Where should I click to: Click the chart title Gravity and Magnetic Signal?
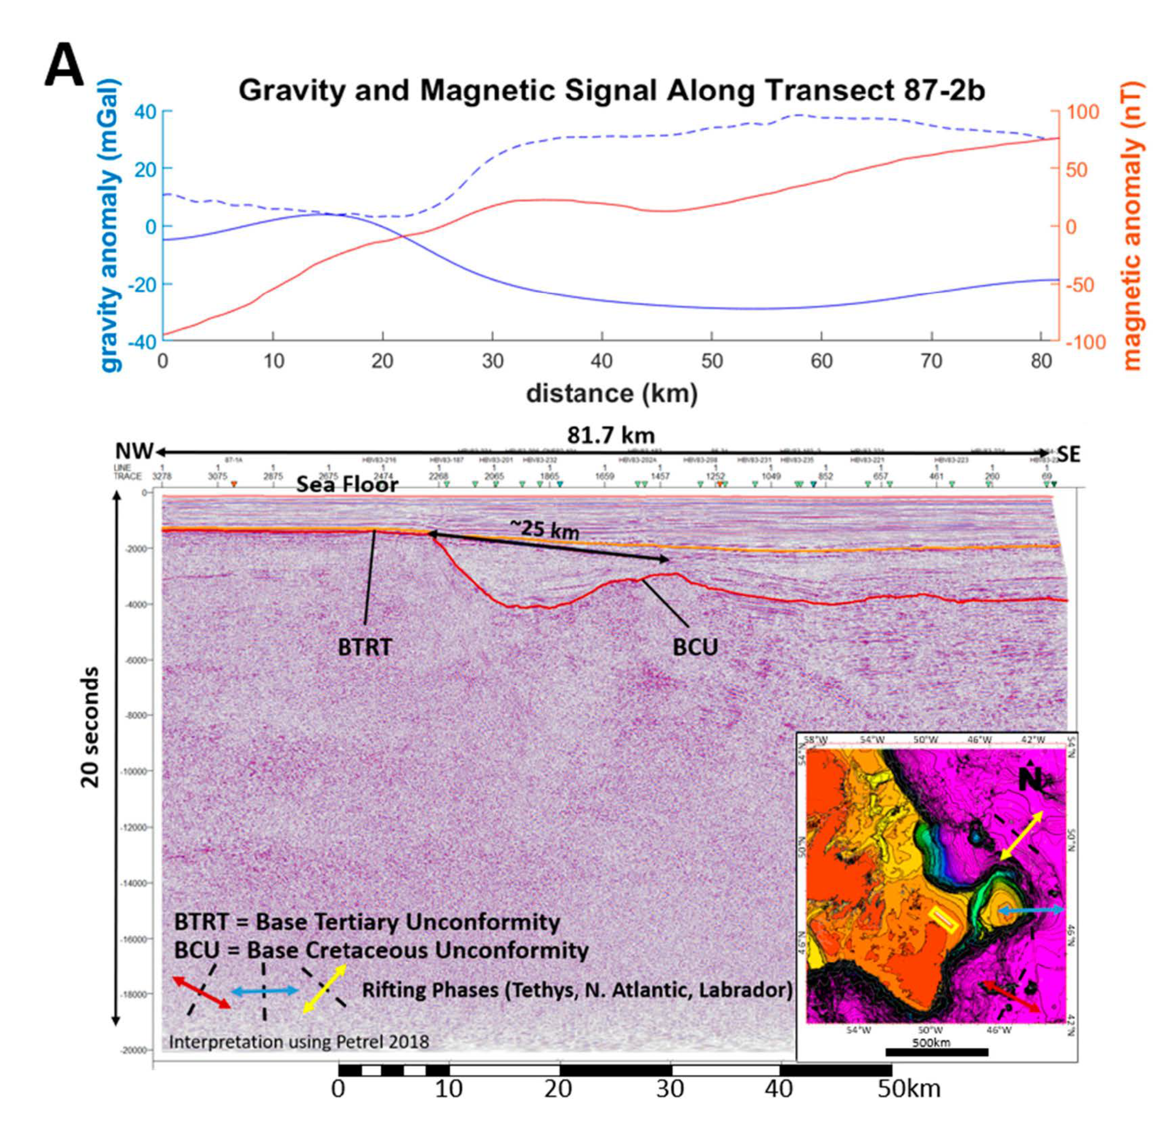point(611,90)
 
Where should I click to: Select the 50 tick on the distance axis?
point(711,361)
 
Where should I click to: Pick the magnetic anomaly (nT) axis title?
point(1132,226)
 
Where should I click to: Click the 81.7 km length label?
point(611,436)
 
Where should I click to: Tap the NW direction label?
point(133,452)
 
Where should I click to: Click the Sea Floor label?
point(347,485)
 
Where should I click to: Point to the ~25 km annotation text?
point(544,529)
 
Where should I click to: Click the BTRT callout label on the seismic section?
point(364,647)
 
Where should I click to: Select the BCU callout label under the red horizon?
point(695,647)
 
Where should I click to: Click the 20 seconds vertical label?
point(90,727)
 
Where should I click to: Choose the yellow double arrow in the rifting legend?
point(324,989)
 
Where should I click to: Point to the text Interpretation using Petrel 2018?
point(299,1042)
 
